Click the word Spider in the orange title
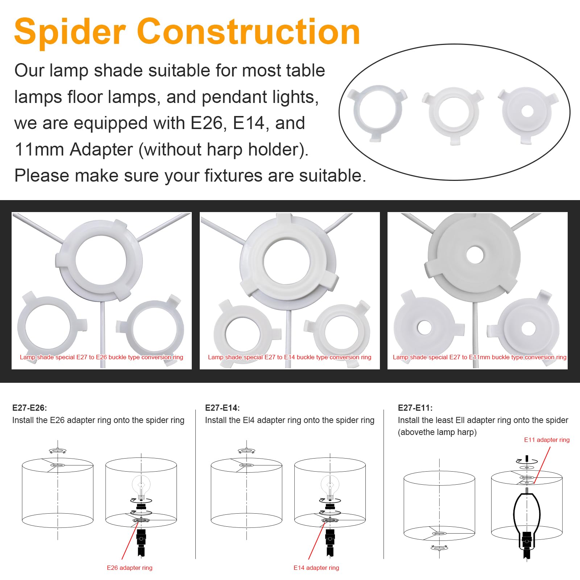click(x=70, y=32)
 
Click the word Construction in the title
click(x=248, y=32)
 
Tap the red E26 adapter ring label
click(x=129, y=568)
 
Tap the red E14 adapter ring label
click(x=316, y=568)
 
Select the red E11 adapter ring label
click(x=547, y=440)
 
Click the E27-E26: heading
click(x=30, y=408)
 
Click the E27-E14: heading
click(x=223, y=408)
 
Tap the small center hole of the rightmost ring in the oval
click(x=527, y=111)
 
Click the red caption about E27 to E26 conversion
click(x=101, y=357)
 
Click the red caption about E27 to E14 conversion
click(x=290, y=357)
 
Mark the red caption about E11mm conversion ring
click(x=480, y=357)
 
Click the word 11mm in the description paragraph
click(x=38, y=149)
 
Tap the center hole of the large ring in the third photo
click(x=475, y=255)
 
